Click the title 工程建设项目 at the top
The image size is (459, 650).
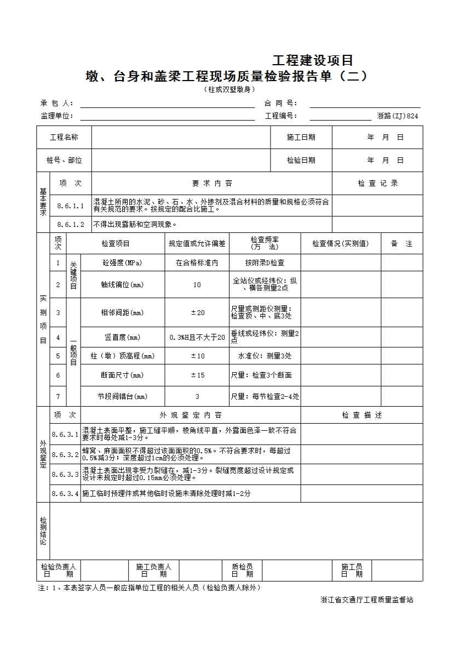coord(313,61)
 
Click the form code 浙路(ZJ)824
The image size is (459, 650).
coord(398,116)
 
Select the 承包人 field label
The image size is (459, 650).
coord(56,103)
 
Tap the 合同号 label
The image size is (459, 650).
coord(281,103)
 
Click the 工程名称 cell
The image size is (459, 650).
coord(64,138)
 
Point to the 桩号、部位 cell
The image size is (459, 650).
coord(64,161)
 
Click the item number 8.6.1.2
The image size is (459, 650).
coord(71,224)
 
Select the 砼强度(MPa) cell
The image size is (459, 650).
coord(123,263)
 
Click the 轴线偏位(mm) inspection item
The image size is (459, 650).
coord(123,284)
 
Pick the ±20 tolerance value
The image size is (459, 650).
coord(197,313)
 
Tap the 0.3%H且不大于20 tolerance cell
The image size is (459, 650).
coord(197,338)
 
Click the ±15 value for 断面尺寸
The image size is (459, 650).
coord(197,375)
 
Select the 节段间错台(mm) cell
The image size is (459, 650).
coord(123,396)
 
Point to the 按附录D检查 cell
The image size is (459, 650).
coord(265,263)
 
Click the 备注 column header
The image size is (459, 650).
coord(401,244)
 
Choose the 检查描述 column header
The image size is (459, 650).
coord(362,415)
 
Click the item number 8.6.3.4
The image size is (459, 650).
coord(65,494)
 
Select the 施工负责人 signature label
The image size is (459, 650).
coord(154,567)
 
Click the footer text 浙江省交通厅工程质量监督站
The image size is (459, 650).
coord(367,600)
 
